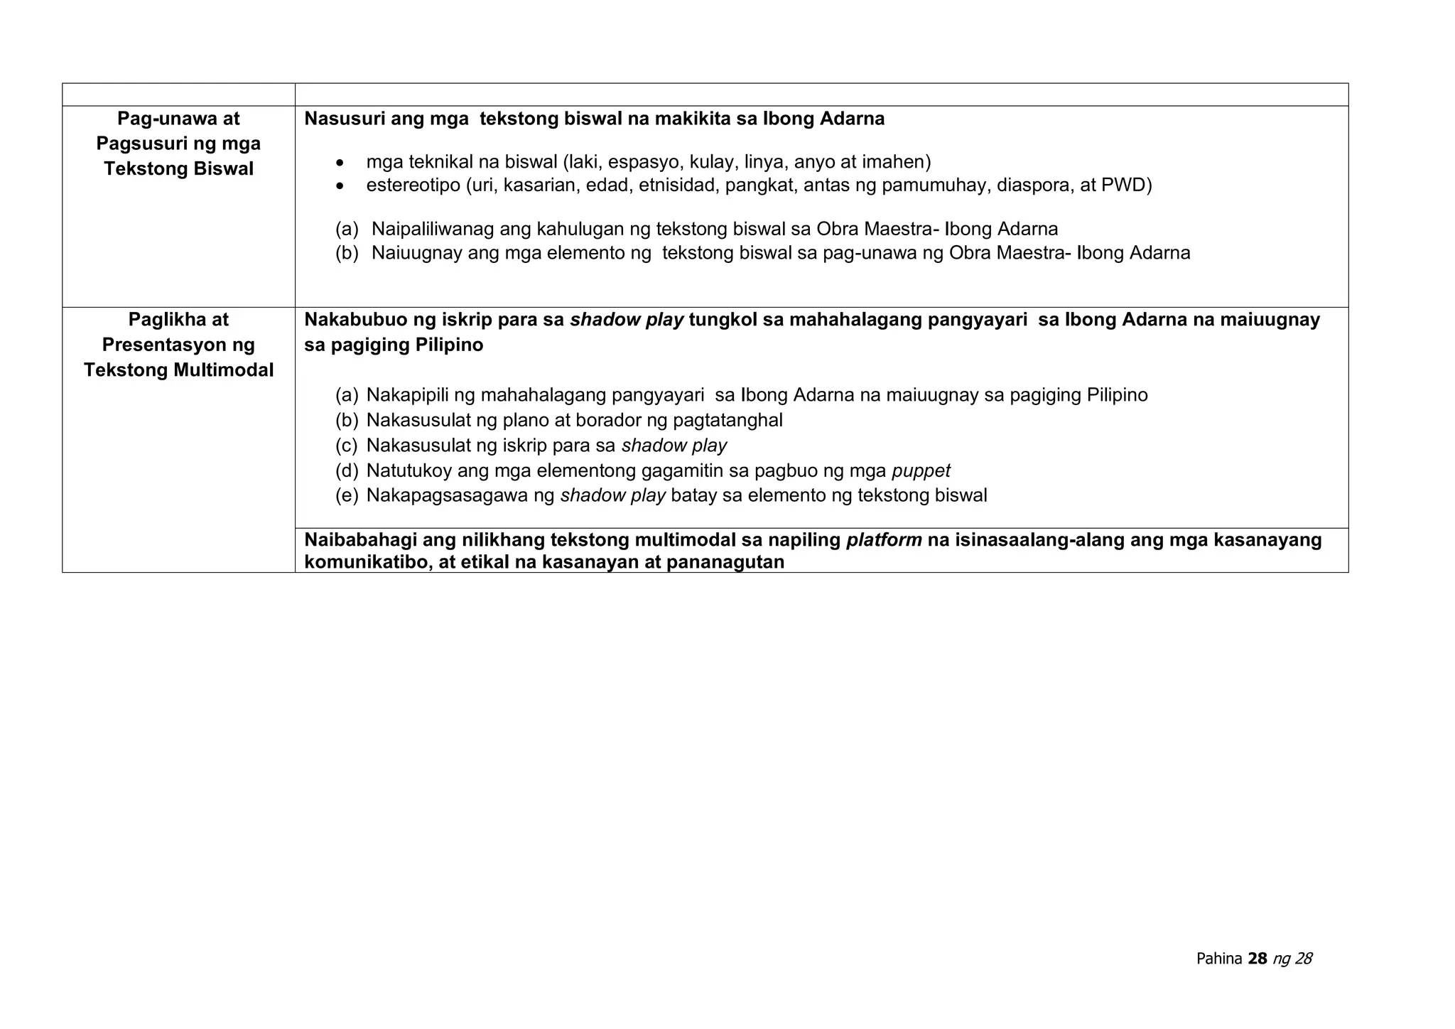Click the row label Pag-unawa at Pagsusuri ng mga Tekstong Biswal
tap(178, 144)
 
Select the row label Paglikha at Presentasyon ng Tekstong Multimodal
tap(178, 345)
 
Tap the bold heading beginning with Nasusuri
tap(594, 119)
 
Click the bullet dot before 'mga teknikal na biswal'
tap(342, 163)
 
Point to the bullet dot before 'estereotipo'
tap(342, 187)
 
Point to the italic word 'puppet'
tap(921, 471)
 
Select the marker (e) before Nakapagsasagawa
tap(347, 496)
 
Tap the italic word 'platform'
tap(884, 540)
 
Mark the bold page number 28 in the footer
tap(1257, 959)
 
